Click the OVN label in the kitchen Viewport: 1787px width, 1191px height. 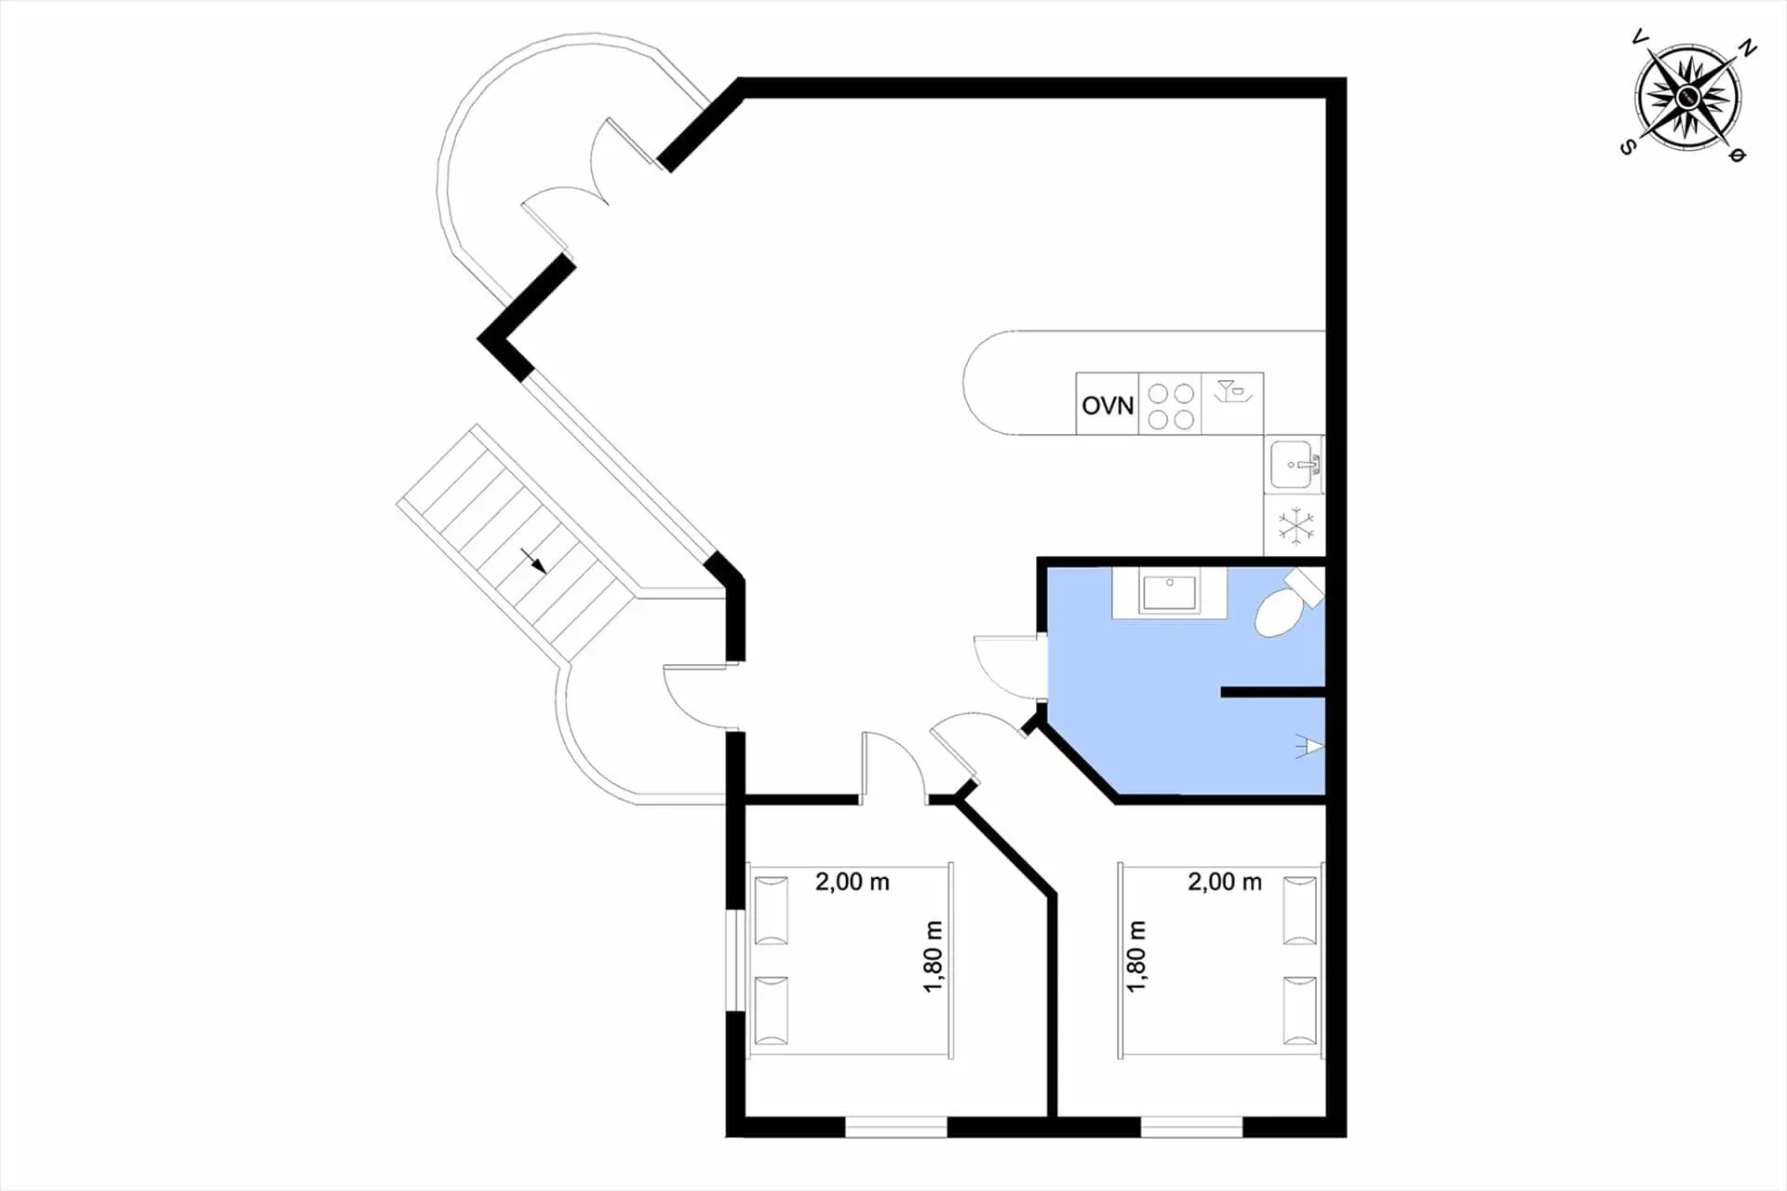pos(1108,406)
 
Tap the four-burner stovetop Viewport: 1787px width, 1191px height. pos(1171,405)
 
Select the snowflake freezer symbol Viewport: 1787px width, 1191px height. pos(1296,525)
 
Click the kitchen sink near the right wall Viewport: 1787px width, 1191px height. pos(1295,464)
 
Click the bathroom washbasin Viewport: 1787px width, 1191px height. pos(1170,593)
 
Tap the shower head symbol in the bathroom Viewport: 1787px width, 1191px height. pos(1310,745)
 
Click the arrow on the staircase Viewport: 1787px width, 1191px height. pos(533,561)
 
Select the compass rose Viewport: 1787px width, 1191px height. pos(1687,96)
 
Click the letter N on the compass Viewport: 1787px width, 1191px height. pos(1749,48)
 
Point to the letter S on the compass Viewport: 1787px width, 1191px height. pos(1628,147)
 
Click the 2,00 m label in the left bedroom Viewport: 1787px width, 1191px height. pos(853,881)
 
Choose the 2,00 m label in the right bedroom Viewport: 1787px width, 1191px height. pos(1225,881)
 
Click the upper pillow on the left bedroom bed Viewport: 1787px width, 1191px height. pos(771,910)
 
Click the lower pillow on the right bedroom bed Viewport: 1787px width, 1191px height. pos(1300,1010)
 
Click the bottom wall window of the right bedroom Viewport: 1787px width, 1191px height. pos(1191,1127)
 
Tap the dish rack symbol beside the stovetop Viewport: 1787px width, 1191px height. pos(1232,391)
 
